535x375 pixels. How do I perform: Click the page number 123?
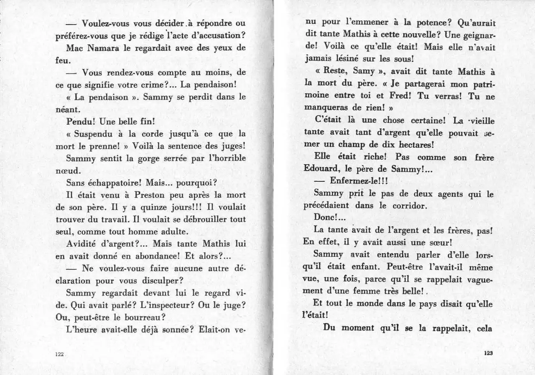pos(489,353)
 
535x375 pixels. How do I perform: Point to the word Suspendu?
pos(92,134)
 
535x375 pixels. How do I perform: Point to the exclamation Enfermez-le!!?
pos(360,181)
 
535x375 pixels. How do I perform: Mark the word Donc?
pos(325,217)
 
